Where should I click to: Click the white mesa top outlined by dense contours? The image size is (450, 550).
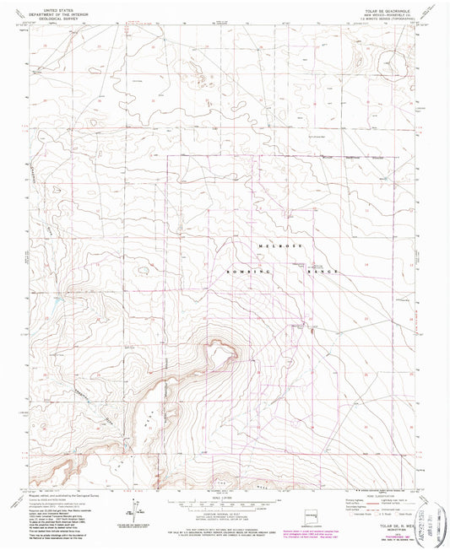tap(221, 355)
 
